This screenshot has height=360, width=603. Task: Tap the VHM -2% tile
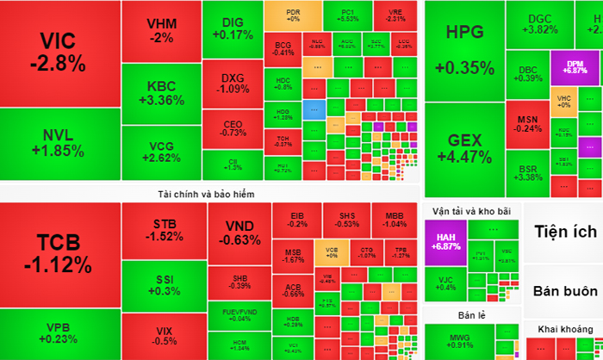pos(160,29)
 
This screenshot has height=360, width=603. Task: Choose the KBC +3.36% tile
pos(160,92)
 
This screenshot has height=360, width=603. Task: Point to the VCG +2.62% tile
pos(160,151)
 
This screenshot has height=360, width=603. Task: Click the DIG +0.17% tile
pos(232,28)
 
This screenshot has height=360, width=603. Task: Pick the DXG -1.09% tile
pos(232,83)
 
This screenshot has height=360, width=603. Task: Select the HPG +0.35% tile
pos(464,50)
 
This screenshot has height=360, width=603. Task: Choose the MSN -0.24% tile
pos(528,123)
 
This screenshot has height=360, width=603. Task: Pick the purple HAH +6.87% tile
pos(445,241)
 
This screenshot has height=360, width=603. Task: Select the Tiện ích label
pos(565,232)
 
